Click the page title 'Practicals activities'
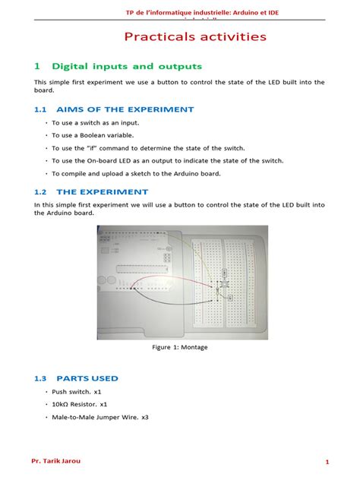point(195,36)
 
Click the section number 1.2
point(41,192)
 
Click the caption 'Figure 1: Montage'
point(180,347)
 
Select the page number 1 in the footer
point(327,462)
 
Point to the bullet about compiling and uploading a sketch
point(136,173)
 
